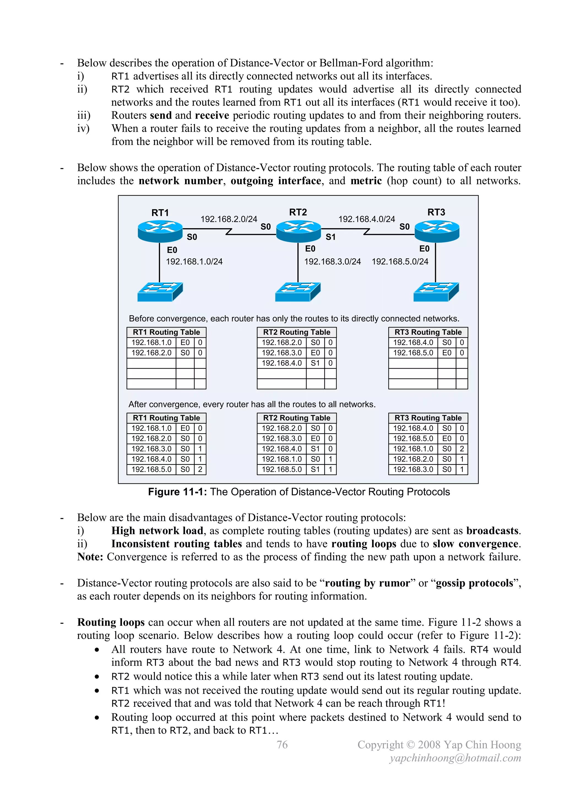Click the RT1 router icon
(160, 231)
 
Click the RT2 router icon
(298, 231)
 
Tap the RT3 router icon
(437, 231)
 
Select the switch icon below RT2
(298, 292)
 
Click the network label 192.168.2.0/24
(229, 219)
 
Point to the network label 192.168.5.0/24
(400, 261)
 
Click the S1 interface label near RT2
(330, 237)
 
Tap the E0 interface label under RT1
(172, 250)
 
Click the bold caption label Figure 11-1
(177, 492)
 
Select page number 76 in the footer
(282, 745)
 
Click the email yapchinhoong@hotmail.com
(455, 758)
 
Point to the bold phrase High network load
(157, 531)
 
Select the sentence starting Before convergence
(294, 318)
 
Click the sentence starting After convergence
(252, 404)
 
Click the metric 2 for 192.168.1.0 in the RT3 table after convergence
(462, 449)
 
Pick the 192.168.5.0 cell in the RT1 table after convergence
(151, 469)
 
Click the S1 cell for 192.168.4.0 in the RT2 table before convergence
(315, 363)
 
